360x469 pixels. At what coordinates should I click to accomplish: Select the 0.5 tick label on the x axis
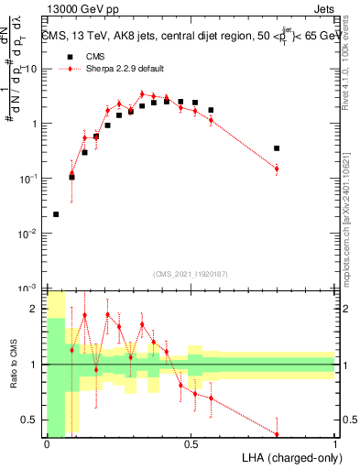(191, 443)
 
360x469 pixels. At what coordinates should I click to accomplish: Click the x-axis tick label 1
(335, 443)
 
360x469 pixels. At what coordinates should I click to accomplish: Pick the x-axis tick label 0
(47, 443)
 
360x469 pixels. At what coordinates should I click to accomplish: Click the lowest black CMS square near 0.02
(56, 214)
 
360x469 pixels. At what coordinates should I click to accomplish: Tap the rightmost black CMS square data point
(277, 147)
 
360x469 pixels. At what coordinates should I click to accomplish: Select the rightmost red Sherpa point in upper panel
(277, 169)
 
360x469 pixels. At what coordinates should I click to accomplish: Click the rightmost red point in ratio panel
(277, 434)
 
